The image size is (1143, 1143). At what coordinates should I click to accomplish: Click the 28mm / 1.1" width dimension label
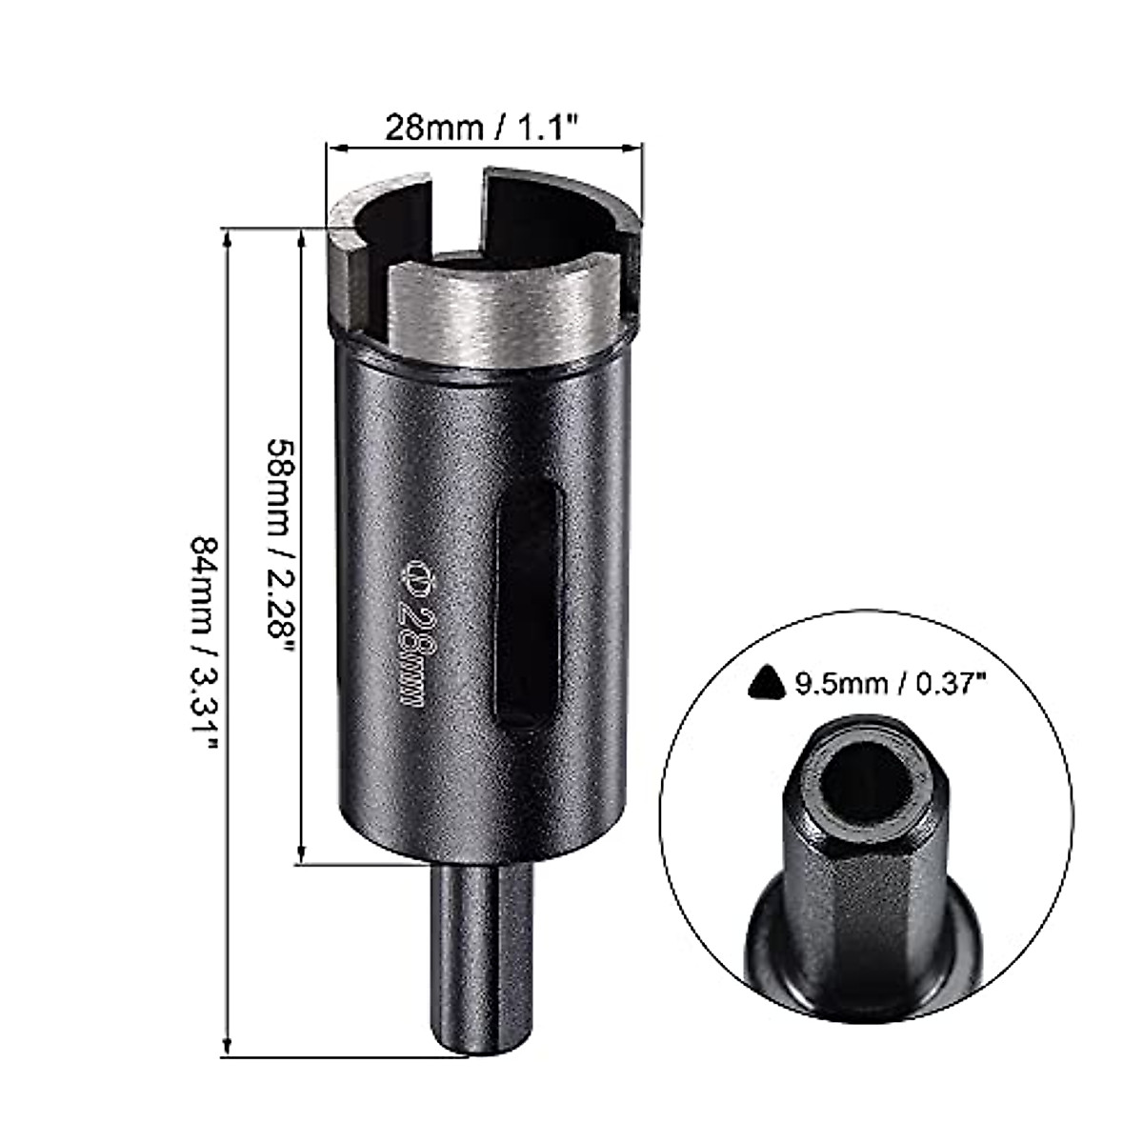pos(483,125)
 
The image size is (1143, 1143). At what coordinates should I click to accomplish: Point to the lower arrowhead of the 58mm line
pos(302,856)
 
